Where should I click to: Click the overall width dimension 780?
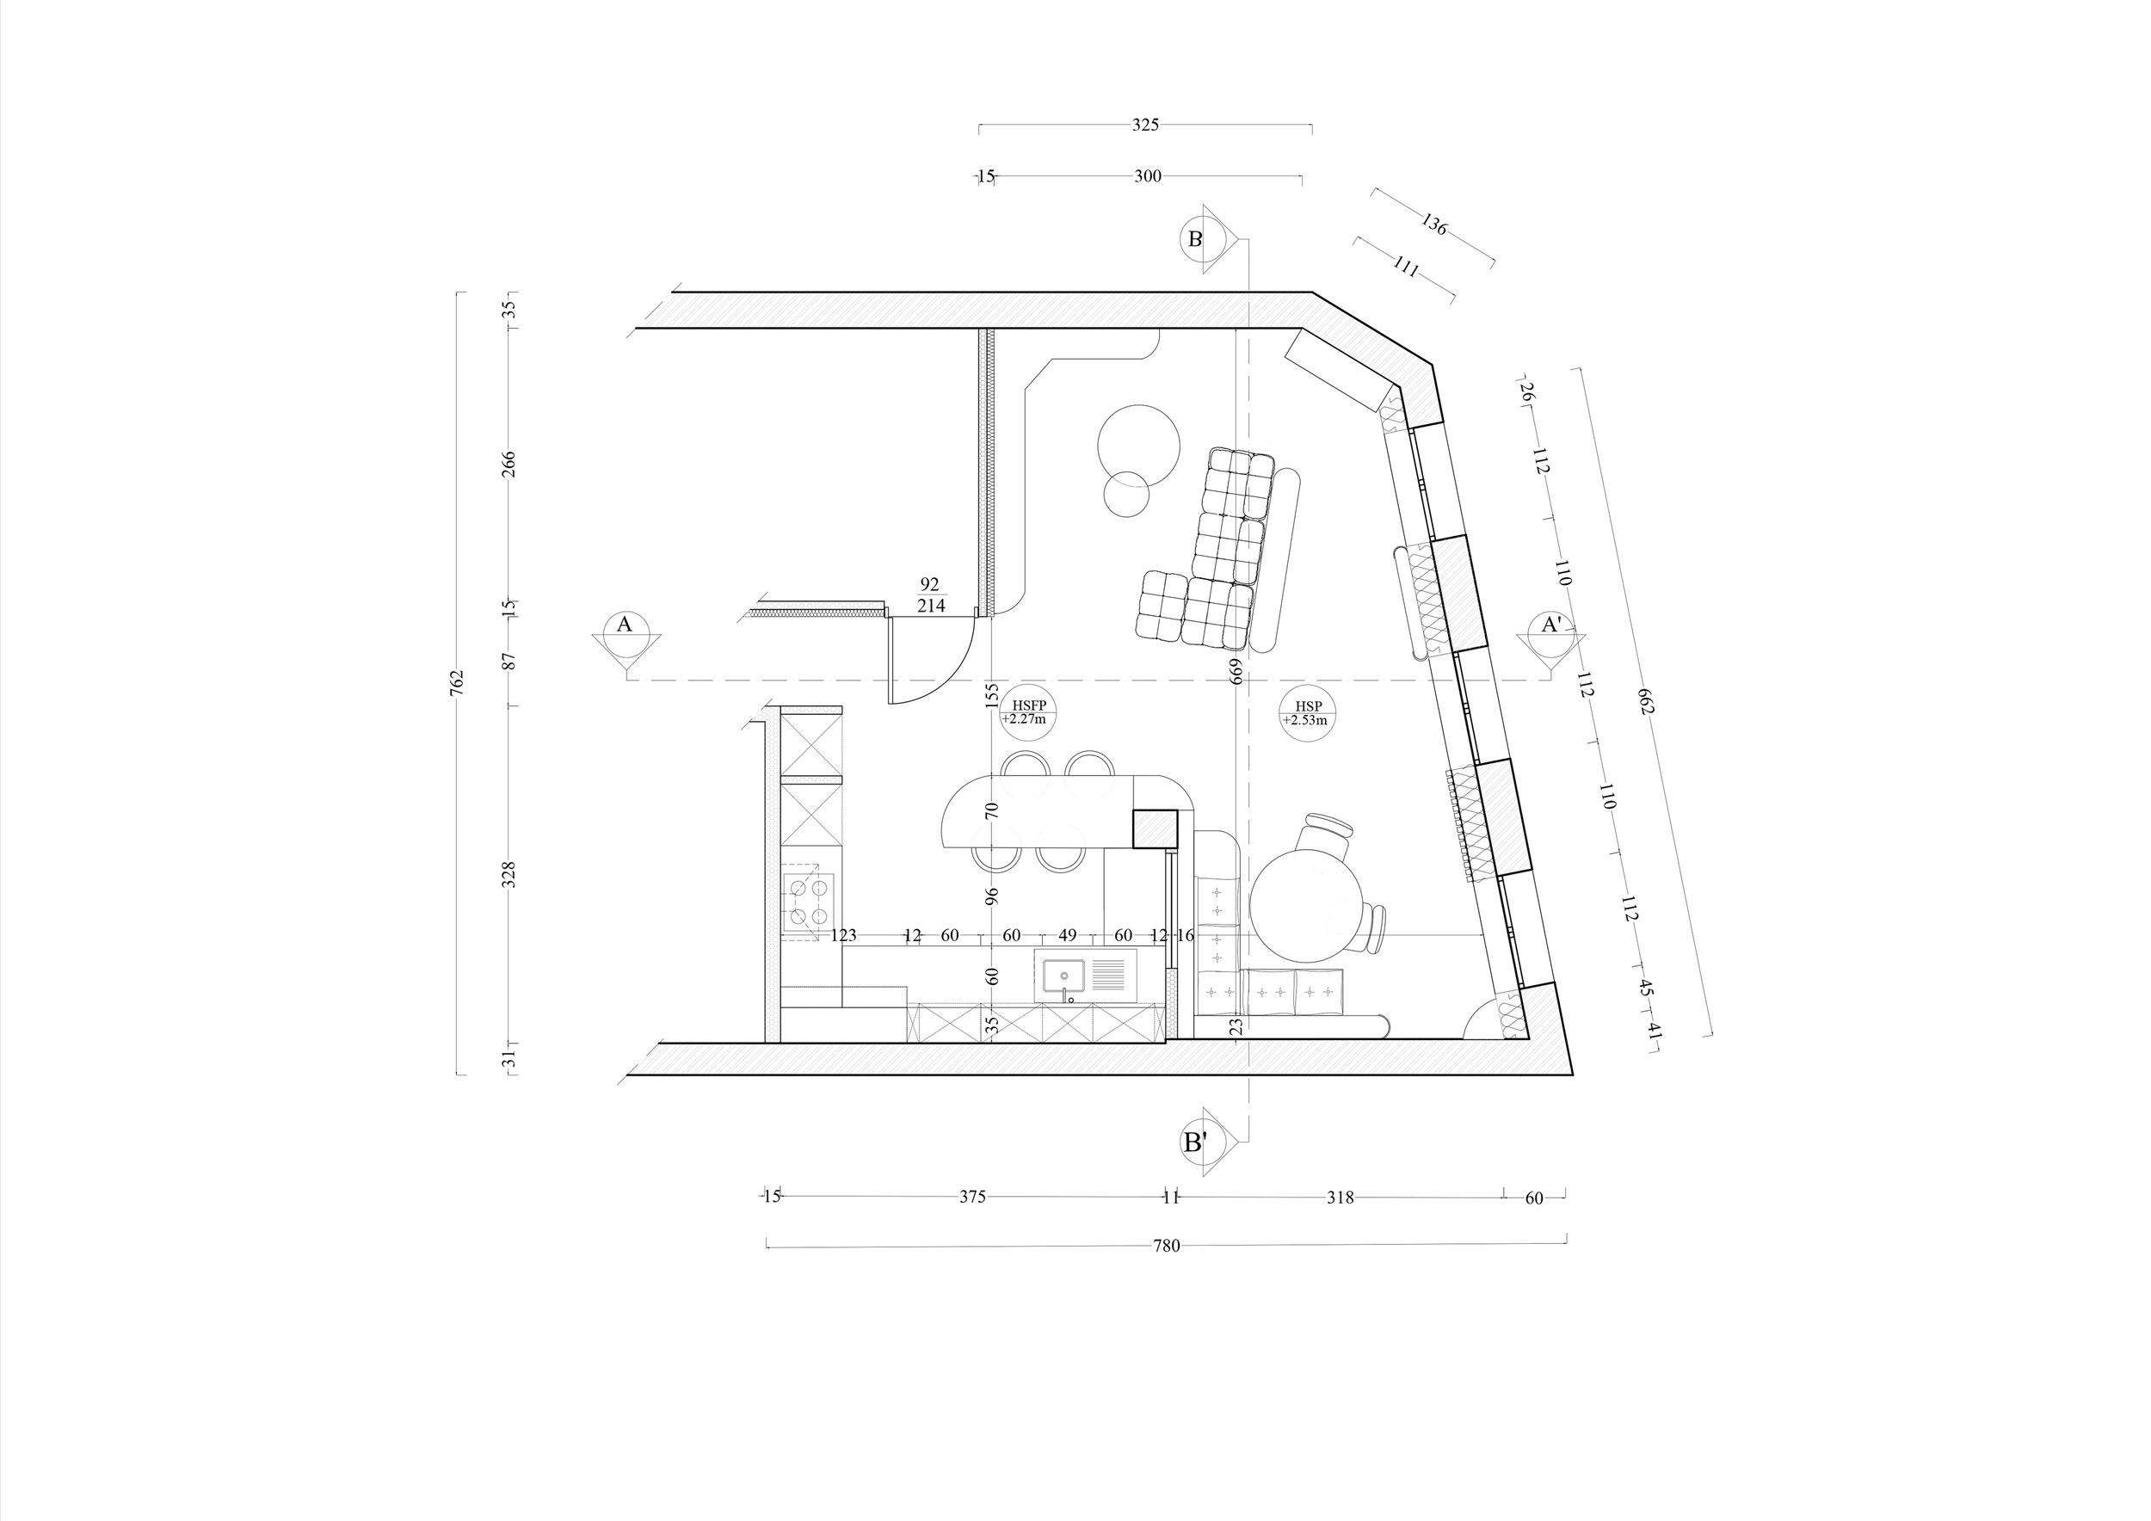point(1167,1246)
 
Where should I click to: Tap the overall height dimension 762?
point(457,682)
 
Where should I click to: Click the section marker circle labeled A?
point(624,625)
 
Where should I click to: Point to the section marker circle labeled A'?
point(1551,625)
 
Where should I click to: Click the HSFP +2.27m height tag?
point(1029,714)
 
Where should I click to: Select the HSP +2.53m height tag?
point(1309,714)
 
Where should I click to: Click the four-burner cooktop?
point(809,901)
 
